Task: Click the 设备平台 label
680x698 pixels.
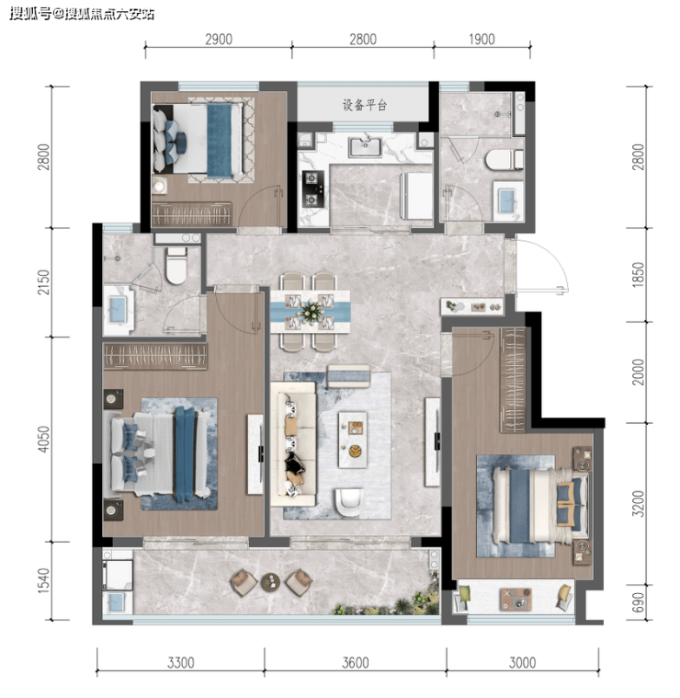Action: pos(364,105)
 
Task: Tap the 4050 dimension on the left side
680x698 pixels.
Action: pos(43,439)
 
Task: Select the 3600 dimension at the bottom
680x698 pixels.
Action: pos(356,663)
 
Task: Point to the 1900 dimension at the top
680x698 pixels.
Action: pos(482,40)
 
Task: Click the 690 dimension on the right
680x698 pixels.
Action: pos(638,601)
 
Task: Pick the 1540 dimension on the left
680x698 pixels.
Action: pos(43,580)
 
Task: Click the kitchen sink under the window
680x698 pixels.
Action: pos(365,147)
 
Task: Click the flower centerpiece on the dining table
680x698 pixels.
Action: pos(310,309)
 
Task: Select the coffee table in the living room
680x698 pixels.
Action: pos(353,440)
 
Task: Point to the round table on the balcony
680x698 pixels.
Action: pos(270,581)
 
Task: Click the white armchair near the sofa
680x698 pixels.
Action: pos(349,502)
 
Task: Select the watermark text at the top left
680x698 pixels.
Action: pos(82,14)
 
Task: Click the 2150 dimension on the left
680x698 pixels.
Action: pos(43,281)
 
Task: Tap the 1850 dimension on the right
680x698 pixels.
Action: pos(638,275)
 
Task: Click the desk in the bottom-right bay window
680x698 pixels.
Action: pos(516,600)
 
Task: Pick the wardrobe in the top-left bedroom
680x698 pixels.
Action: pos(192,213)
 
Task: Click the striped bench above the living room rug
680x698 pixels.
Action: pos(348,376)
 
